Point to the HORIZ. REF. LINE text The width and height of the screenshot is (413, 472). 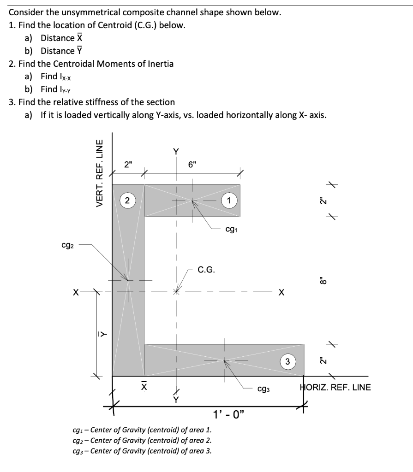click(335, 387)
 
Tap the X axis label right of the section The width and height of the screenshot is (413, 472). click(281, 292)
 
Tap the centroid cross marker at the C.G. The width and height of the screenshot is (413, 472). click(175, 292)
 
